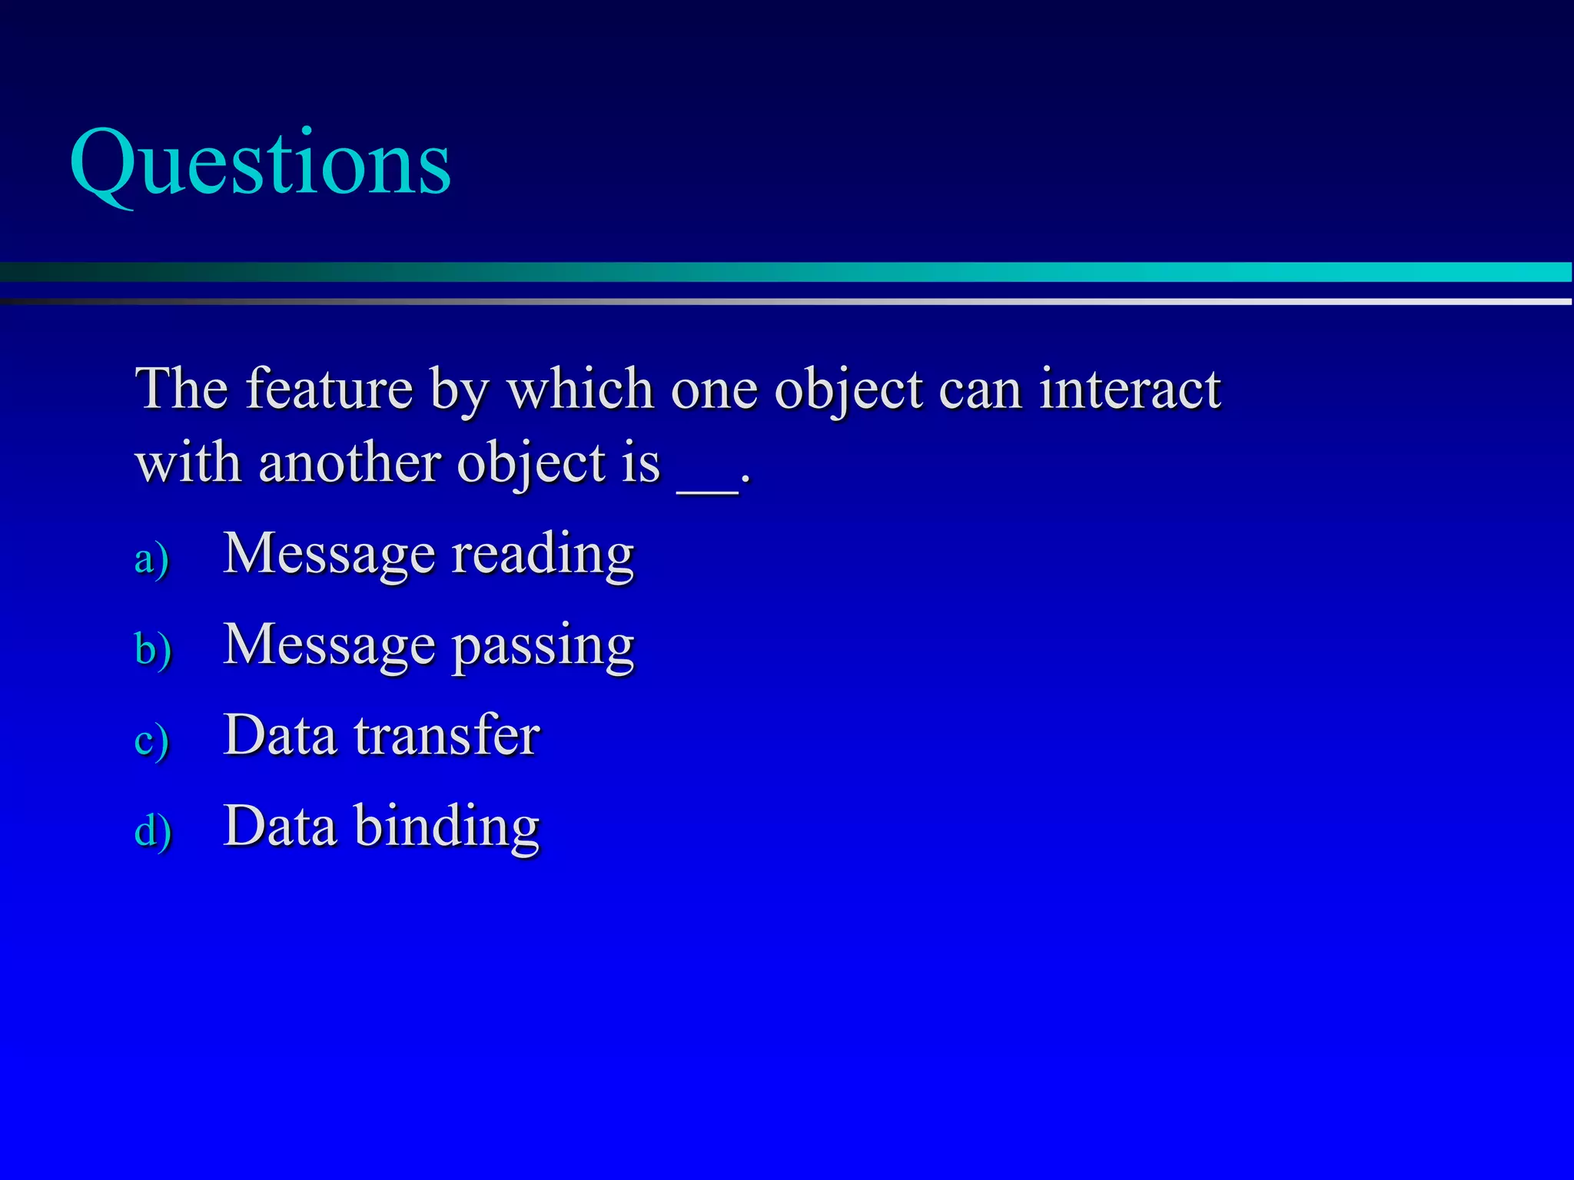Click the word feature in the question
[x=329, y=389]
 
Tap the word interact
[x=1129, y=389]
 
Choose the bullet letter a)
[x=151, y=559]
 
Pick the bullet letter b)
[x=153, y=649]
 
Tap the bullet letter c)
[x=151, y=741]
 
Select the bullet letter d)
[x=153, y=831]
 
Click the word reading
[x=543, y=555]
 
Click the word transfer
[x=447, y=736]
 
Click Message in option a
[x=329, y=555]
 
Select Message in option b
[x=329, y=645]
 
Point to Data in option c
[x=280, y=736]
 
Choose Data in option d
[x=280, y=827]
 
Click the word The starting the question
[x=181, y=389]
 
